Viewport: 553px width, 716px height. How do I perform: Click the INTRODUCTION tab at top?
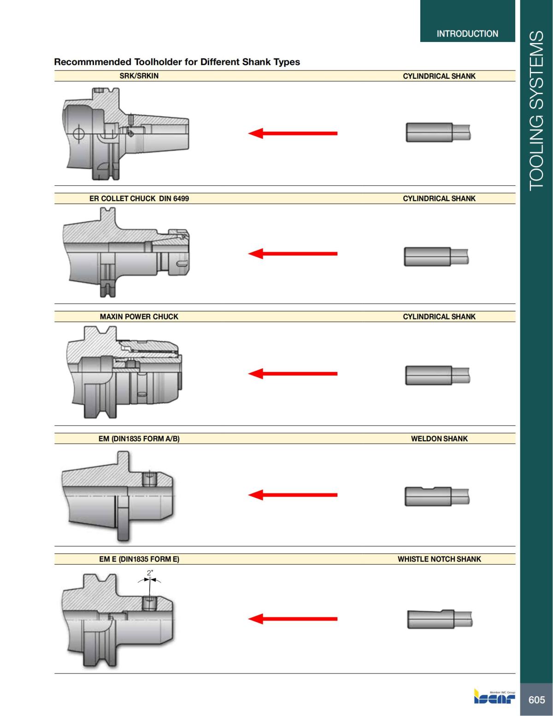[467, 34]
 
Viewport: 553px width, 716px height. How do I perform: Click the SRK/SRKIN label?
[139, 76]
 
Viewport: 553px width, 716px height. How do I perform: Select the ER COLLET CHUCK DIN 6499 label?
[139, 199]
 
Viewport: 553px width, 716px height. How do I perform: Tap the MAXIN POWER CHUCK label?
[139, 317]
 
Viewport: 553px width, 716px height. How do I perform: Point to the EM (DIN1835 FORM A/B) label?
[139, 439]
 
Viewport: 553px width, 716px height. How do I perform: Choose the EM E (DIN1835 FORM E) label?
[139, 559]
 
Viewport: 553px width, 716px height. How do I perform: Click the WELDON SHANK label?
[439, 439]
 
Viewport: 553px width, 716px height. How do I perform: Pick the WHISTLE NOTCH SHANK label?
[439, 559]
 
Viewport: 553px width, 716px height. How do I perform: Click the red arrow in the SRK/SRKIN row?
[293, 133]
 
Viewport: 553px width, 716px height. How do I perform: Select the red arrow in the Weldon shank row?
[293, 495]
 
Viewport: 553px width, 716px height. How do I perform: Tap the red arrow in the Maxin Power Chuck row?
[293, 373]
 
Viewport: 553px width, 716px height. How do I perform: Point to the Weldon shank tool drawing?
[437, 496]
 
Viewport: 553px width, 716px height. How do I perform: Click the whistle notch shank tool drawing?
[440, 619]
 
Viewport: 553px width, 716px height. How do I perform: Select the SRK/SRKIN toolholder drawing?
[125, 134]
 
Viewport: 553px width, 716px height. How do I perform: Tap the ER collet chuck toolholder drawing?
[125, 253]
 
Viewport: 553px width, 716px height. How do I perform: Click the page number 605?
[536, 700]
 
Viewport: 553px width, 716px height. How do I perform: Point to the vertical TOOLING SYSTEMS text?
[537, 111]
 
